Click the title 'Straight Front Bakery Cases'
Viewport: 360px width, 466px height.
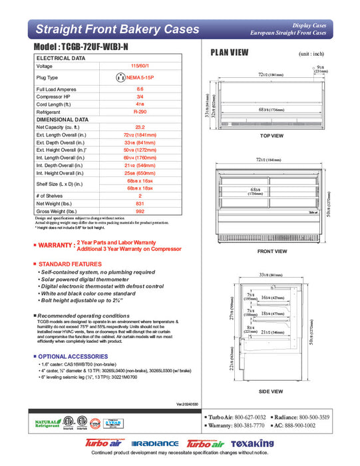[117, 29]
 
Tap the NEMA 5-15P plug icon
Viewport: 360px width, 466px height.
[120, 77]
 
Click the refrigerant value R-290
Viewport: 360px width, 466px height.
[140, 113]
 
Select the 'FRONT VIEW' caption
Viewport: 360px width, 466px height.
[271, 251]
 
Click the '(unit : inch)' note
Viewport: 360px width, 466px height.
[313, 53]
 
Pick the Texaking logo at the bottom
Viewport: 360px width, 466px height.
[253, 443]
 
